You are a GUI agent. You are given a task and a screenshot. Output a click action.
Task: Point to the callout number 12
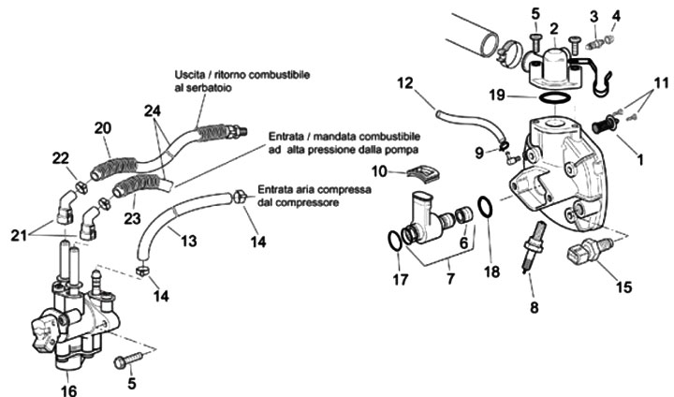click(404, 84)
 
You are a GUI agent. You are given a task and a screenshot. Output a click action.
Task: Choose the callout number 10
click(378, 170)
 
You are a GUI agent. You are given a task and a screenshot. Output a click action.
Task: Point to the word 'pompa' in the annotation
click(400, 149)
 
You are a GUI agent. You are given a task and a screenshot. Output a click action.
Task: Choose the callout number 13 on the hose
click(189, 242)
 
